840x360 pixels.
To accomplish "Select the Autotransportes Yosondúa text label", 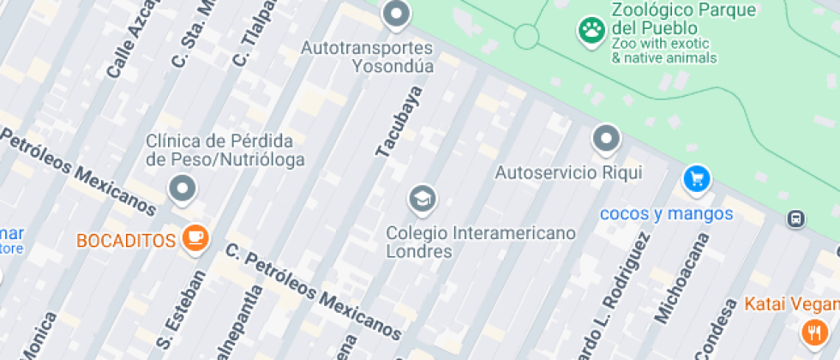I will coord(367,56).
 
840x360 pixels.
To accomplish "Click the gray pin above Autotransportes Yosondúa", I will coord(395,14).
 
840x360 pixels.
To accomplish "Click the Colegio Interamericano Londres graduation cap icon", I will coord(422,201).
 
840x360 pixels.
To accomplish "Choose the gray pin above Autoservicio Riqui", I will coord(606,138).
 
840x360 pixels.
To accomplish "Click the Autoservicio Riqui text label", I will coord(568,172).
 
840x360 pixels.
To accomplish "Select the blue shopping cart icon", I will coord(697,179).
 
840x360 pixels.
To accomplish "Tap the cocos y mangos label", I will coord(666,213).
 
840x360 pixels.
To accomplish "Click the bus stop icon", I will coord(796,219).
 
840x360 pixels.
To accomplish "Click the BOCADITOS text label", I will coord(126,240).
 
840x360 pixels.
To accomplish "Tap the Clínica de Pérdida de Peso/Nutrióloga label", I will coord(219,150).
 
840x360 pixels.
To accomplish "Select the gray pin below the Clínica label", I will coord(183,189).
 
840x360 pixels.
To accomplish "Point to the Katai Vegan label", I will coord(791,303).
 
